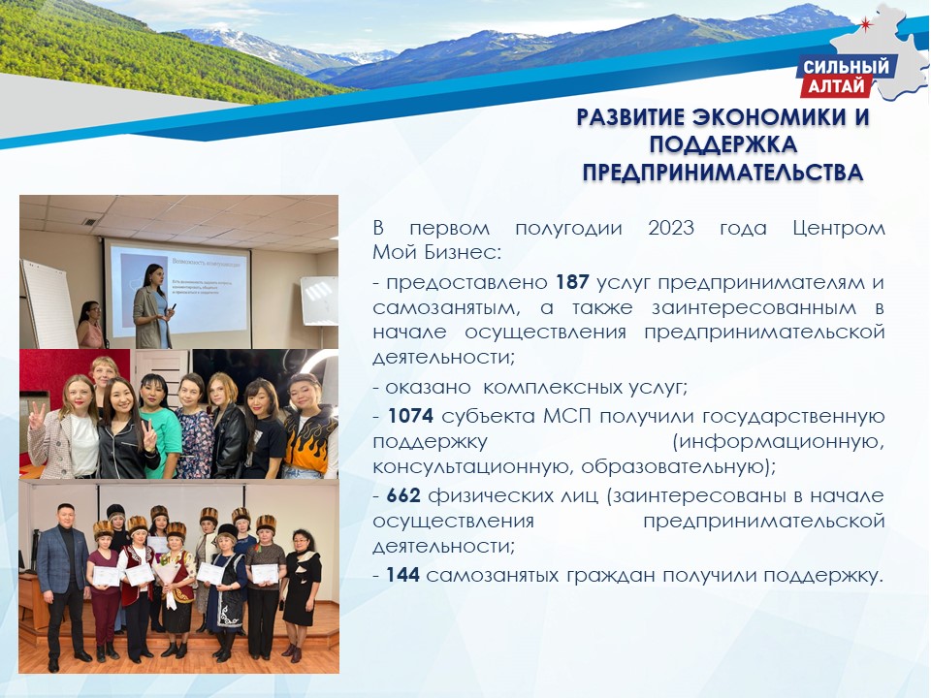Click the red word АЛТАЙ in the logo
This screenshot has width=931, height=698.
(836, 86)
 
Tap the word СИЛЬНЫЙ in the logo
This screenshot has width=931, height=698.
(846, 67)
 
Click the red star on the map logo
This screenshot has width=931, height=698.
(866, 23)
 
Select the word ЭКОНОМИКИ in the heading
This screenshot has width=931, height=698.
(771, 117)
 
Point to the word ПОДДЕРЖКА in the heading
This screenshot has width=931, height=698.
(722, 144)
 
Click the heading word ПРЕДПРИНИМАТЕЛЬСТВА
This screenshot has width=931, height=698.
(722, 173)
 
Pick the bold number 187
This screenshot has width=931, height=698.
(572, 282)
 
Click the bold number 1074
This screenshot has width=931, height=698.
(410, 416)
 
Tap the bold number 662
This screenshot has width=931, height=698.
(403, 495)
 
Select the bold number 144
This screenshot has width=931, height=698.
(402, 575)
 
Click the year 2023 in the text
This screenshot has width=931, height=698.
(671, 228)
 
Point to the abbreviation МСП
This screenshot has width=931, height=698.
(567, 416)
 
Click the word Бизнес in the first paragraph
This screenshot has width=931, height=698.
(463, 252)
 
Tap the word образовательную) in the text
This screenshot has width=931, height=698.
(679, 466)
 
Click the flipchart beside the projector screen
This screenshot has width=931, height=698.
(48, 302)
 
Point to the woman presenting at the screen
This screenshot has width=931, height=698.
(152, 306)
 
